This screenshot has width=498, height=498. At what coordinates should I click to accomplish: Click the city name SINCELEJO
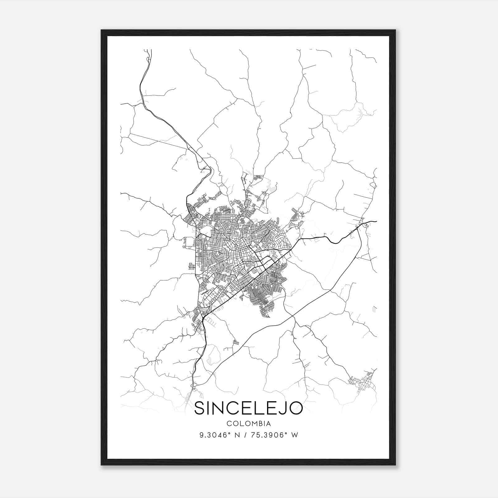tap(248, 408)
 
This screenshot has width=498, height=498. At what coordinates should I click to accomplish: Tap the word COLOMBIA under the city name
tap(249, 424)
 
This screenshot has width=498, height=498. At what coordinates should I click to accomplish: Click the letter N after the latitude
tap(237, 435)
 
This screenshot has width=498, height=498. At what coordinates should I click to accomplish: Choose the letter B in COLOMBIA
tap(259, 424)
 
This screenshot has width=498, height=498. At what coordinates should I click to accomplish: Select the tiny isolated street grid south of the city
tap(236, 342)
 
